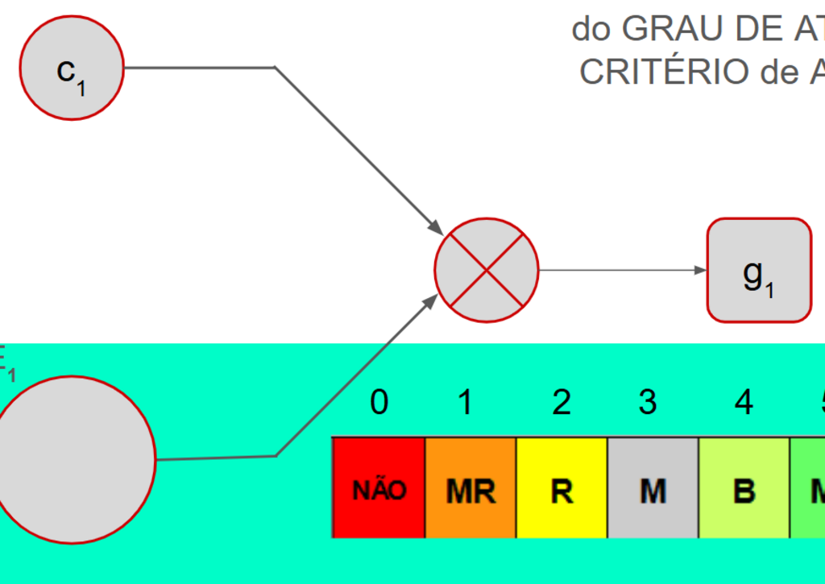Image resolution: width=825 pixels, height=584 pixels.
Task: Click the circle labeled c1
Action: tap(72, 68)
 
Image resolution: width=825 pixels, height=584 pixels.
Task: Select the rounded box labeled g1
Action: tap(759, 271)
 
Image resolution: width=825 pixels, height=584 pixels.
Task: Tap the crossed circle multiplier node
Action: tap(486, 271)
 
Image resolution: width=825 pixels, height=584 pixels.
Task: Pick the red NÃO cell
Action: tap(379, 488)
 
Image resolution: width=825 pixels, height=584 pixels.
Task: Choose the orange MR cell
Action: tap(471, 488)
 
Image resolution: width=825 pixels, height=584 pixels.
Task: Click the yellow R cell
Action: tap(562, 488)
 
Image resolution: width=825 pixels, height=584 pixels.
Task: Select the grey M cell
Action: tap(653, 488)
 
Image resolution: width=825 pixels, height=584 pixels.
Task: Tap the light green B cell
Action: tap(744, 488)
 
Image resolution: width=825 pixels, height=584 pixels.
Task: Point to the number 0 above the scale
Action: tap(379, 402)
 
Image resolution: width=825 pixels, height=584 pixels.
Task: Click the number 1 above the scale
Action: tap(465, 402)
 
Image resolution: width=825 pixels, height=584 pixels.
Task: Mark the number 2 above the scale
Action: tap(562, 402)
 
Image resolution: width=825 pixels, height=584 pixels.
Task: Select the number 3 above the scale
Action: tap(648, 402)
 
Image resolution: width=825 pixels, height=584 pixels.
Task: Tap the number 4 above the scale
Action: tap(744, 402)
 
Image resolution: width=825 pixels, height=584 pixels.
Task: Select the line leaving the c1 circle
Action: tap(201, 68)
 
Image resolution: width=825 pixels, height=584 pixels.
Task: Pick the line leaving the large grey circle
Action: tap(218, 458)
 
